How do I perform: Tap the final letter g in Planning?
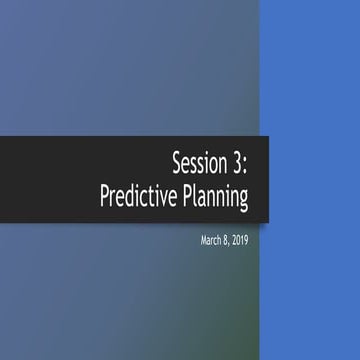242,199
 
